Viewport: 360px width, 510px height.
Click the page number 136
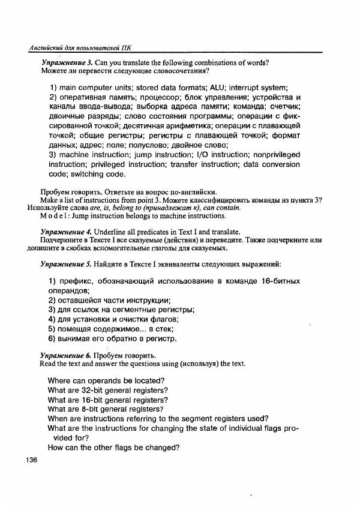click(29, 460)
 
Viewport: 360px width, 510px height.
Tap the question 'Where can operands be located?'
click(106, 380)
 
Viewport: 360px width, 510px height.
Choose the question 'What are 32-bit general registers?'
click(108, 390)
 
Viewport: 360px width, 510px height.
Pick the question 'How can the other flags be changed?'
click(113, 448)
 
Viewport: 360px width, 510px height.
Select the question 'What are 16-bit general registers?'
click(108, 400)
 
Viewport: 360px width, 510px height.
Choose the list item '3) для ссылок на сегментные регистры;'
click(121, 310)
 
